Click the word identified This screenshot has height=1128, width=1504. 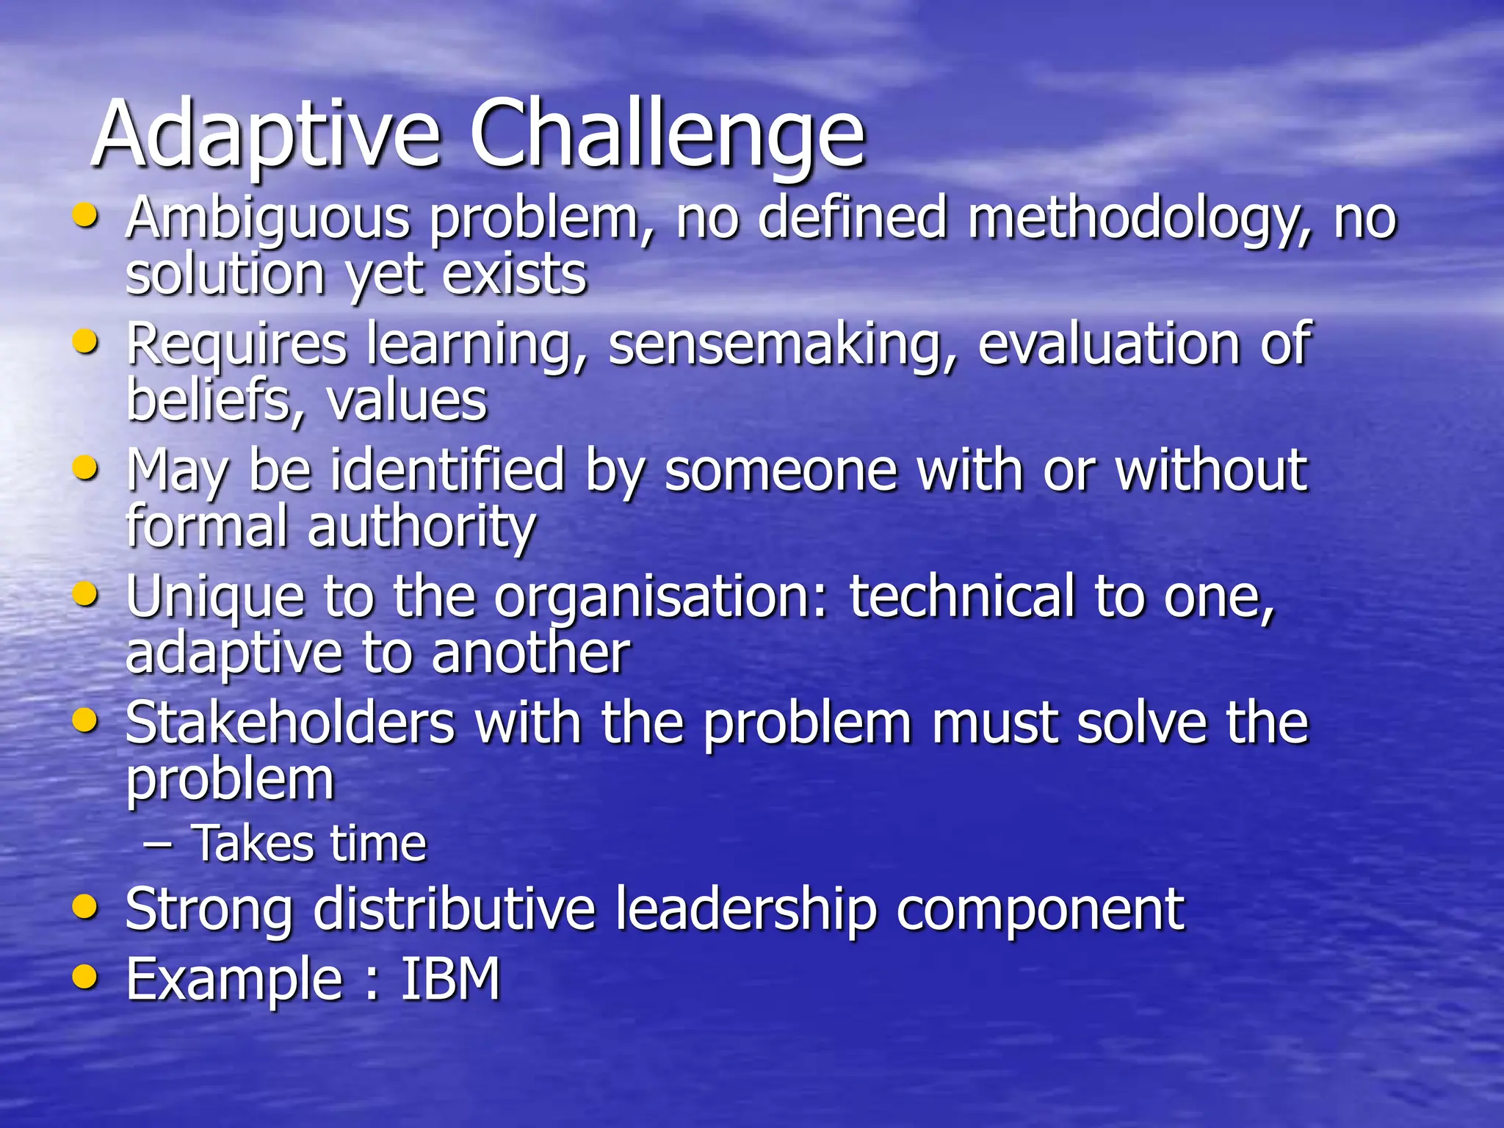447,471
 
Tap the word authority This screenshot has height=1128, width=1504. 422,527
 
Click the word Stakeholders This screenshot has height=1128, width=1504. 290,723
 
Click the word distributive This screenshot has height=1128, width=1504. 454,910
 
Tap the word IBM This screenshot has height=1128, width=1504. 449,979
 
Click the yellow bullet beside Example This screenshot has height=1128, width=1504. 86,977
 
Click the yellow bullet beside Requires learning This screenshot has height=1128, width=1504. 86,342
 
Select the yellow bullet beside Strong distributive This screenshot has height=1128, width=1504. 86,908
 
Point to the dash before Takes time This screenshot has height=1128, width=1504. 158,844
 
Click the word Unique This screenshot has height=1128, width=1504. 215,597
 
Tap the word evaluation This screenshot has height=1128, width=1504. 1109,344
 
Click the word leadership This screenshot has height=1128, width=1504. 745,910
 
